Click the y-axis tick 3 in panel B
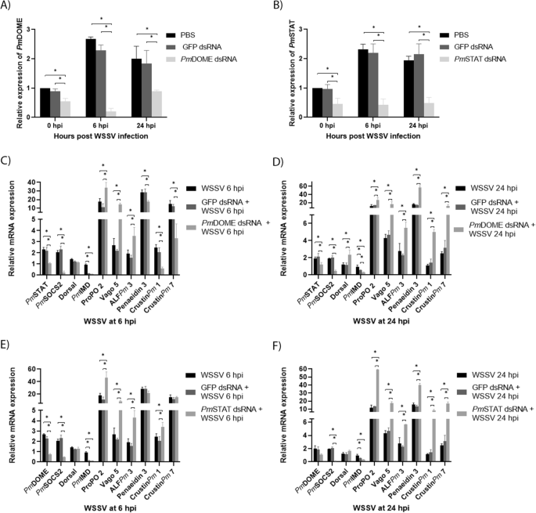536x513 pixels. click(297, 30)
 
